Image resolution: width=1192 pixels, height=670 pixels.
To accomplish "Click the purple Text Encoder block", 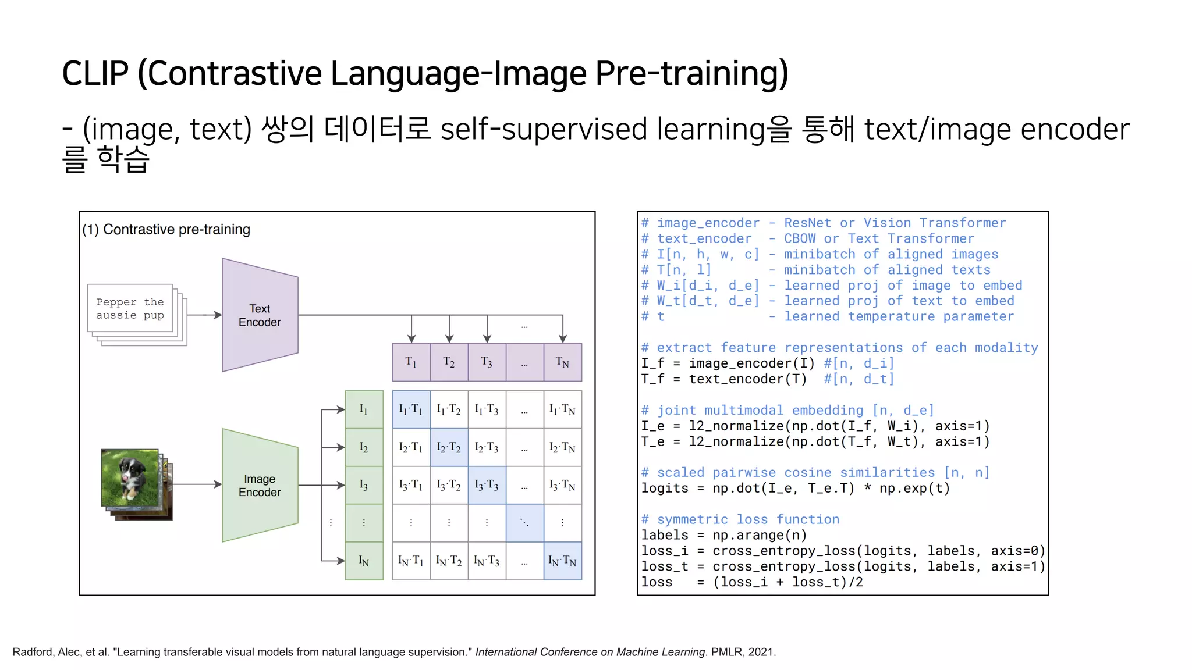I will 260,315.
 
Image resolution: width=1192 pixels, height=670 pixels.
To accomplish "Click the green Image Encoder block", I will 260,485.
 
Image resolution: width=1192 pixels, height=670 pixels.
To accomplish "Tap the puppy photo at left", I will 130,477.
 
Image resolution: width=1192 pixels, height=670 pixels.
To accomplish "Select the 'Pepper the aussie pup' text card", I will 130,309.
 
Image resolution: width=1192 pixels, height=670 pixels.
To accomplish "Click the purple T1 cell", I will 411,362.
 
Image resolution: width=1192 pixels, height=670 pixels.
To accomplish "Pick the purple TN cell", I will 562,362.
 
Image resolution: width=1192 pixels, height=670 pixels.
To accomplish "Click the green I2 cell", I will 364,447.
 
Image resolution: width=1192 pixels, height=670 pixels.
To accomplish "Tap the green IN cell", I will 364,561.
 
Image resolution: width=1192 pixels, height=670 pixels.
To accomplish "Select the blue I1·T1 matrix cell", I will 411,409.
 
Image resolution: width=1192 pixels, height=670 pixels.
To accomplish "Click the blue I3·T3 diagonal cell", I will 487,485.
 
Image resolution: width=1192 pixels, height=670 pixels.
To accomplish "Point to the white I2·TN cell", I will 562,447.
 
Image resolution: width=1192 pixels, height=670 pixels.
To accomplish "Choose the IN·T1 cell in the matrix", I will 411,561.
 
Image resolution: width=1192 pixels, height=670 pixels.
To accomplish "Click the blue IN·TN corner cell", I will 562,561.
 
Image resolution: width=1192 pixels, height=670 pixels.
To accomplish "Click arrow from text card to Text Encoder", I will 205,315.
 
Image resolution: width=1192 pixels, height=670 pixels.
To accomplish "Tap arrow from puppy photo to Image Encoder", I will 197,484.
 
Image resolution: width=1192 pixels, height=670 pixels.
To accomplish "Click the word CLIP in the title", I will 95,74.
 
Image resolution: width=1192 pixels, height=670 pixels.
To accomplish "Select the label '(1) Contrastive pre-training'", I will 166,230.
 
